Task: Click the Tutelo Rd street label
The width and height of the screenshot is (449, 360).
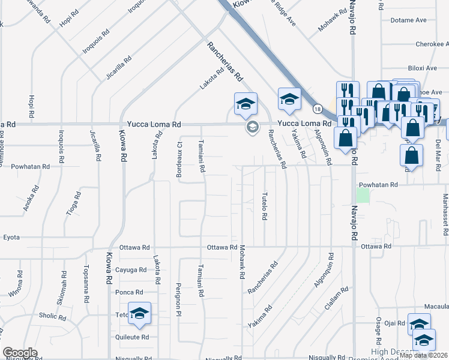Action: pos(264,206)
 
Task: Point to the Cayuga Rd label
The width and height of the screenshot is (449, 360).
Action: pos(131,269)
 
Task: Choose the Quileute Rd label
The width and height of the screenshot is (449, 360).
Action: pos(131,337)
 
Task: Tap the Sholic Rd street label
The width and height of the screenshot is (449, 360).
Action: pos(53,316)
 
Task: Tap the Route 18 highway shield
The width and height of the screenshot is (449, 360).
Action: pos(317,109)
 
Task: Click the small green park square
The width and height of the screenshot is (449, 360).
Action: pos(362,196)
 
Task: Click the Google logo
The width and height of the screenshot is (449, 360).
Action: pos(20,353)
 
